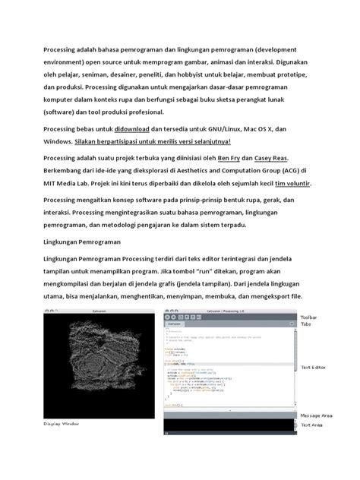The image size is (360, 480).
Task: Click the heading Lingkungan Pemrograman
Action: [x=82, y=244]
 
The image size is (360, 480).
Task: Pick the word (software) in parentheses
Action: [x=64, y=109]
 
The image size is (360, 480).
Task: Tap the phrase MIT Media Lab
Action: [x=76, y=184]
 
